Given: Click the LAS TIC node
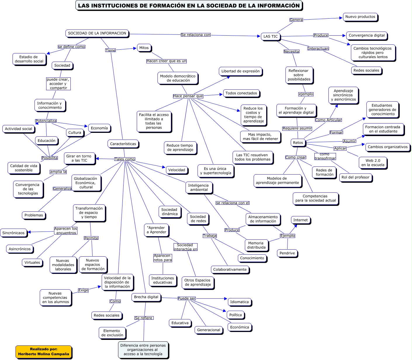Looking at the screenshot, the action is pos(271,36).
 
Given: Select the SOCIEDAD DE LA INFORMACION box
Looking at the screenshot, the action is pos(97,33).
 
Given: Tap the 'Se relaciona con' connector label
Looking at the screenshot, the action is pos(195,35).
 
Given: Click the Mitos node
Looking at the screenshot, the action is pos(144,48).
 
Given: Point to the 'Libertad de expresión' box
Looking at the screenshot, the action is pos(240,71).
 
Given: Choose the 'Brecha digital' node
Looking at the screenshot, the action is pos(146,297).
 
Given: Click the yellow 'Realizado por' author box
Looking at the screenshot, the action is pos(44,352).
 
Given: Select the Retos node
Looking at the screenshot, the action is pos(298,142).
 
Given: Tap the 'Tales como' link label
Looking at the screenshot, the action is pos(125,159).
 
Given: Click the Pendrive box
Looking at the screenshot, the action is pos(287,253).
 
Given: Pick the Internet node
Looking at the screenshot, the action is pos(300,220).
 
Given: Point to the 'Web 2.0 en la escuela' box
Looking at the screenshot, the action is pos(373,163).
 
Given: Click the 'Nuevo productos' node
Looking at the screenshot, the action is pos(360,17).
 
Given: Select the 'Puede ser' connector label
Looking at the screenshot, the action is pos(187,298).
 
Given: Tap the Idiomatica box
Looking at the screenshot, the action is pos(239,302).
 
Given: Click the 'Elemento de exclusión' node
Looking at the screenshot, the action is pos(112,333).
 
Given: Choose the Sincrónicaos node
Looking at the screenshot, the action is pos(13,233).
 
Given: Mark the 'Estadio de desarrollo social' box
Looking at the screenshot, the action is pos(29,59).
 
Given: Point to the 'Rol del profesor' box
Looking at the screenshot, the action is pos(355,177).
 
